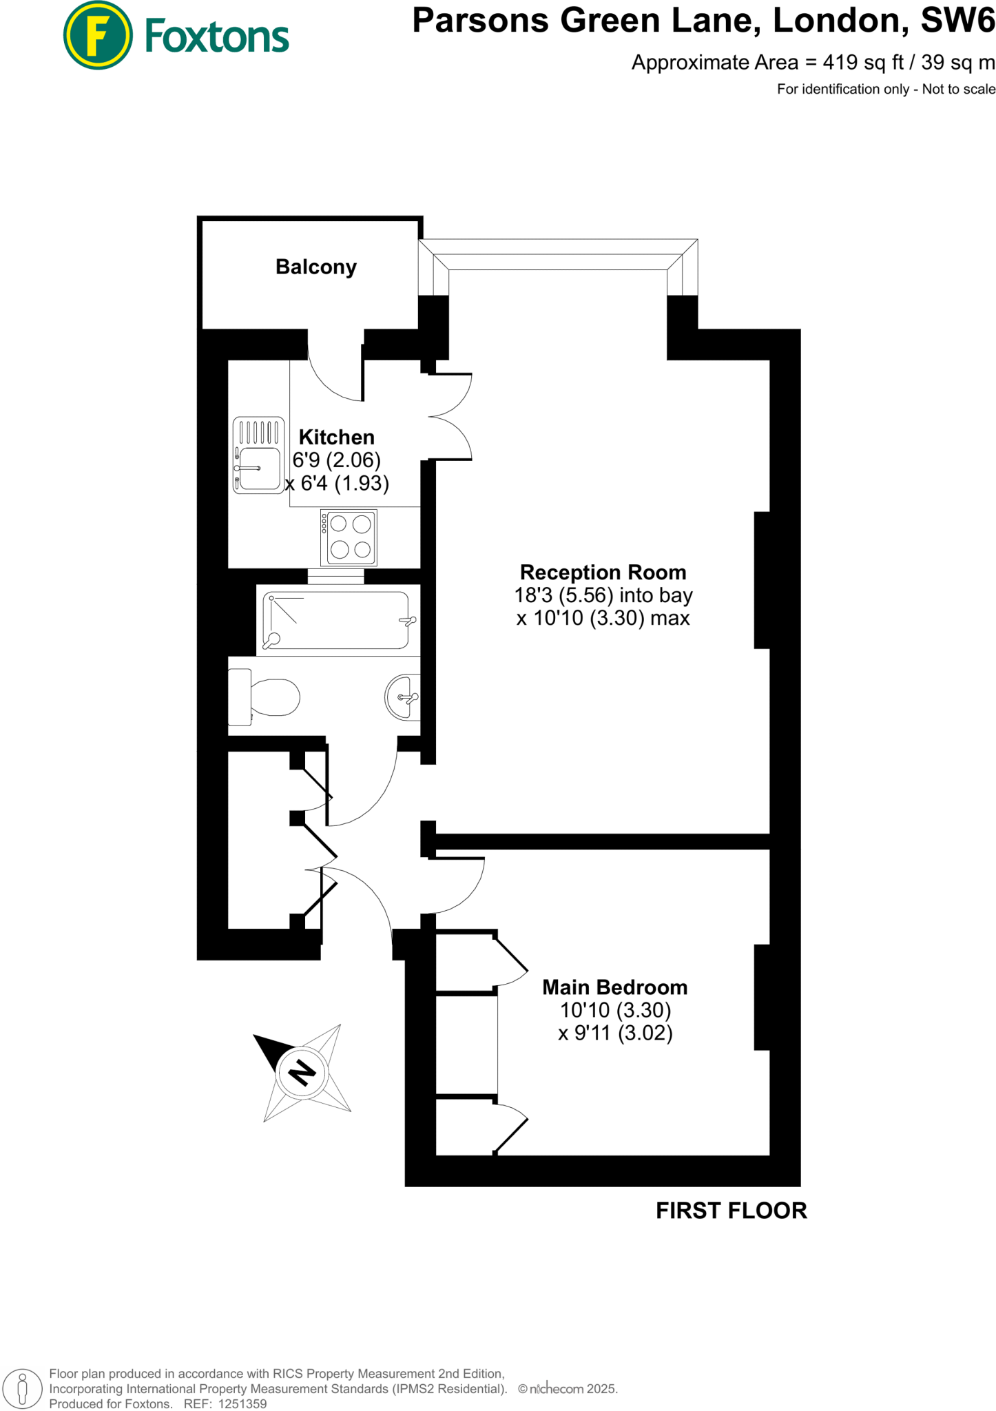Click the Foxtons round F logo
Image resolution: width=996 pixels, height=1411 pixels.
(x=97, y=35)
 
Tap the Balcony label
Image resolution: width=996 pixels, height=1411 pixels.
(x=316, y=267)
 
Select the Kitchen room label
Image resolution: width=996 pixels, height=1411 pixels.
(x=337, y=437)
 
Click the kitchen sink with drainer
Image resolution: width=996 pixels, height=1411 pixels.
(x=258, y=455)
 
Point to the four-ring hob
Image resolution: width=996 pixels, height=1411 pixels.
(x=349, y=537)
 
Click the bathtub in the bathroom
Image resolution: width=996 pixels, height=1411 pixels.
(x=338, y=620)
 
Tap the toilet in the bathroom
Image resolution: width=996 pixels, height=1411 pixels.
(x=265, y=697)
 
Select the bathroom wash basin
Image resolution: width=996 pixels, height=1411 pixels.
(x=404, y=697)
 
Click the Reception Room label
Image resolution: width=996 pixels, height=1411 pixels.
(x=603, y=573)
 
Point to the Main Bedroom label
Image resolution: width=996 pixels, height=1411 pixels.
(x=614, y=987)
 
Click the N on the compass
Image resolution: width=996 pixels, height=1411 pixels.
(x=302, y=1073)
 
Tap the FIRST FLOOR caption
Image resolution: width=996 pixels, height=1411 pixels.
(x=731, y=1211)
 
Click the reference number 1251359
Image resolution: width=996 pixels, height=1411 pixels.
(x=242, y=1403)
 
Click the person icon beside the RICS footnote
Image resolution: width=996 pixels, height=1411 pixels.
(x=22, y=1388)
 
